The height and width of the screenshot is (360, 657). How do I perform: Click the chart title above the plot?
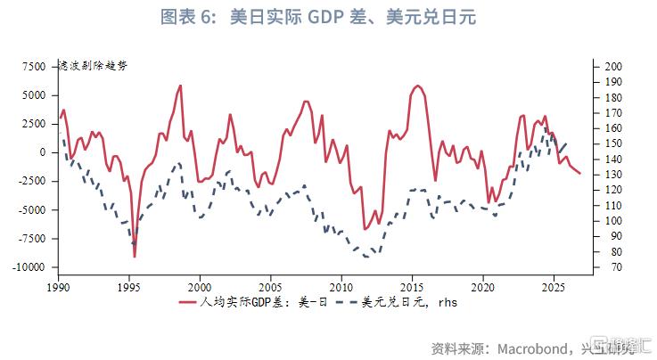[327, 18]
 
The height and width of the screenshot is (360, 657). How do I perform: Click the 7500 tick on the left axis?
[33, 67]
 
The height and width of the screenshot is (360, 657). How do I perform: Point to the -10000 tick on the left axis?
[29, 267]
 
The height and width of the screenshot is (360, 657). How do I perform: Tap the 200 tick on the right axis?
[612, 67]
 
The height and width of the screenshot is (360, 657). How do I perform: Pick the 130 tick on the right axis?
[612, 175]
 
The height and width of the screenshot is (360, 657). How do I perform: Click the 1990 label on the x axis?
[59, 288]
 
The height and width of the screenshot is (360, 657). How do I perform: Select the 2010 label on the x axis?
[341, 288]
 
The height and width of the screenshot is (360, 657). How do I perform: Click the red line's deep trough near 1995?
[135, 257]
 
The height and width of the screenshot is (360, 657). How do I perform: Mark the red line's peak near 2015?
[417, 86]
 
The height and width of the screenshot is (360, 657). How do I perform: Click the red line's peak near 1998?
[180, 86]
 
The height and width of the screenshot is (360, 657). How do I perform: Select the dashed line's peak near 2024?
[545, 127]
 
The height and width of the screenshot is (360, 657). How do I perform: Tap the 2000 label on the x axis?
[200, 288]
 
